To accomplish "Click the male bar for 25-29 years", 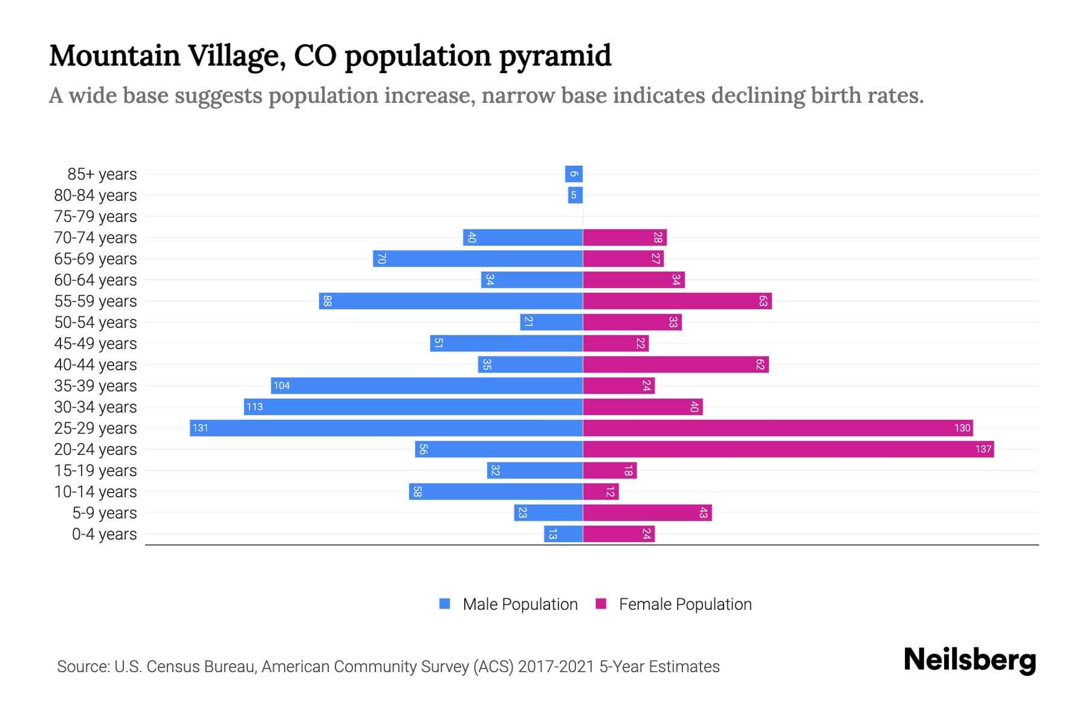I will (x=387, y=428).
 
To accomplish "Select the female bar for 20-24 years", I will (x=788, y=450).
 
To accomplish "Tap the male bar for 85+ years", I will (x=574, y=174).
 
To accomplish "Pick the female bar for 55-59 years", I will (x=677, y=301).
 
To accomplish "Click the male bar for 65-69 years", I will (x=478, y=259).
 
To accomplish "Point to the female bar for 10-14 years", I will (x=601, y=492).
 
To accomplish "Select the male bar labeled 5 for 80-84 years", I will (x=575, y=195).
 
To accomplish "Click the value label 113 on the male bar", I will (x=254, y=407).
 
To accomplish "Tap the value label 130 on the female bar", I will (x=962, y=428).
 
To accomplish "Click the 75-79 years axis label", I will (x=96, y=217).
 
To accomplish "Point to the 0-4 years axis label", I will (x=104, y=534).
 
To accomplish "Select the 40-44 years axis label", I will (x=96, y=365).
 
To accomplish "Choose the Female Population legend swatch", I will (x=601, y=604).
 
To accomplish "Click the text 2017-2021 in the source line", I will (x=556, y=667).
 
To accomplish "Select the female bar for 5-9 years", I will (x=647, y=513).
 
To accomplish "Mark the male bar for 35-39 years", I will (x=427, y=386).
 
